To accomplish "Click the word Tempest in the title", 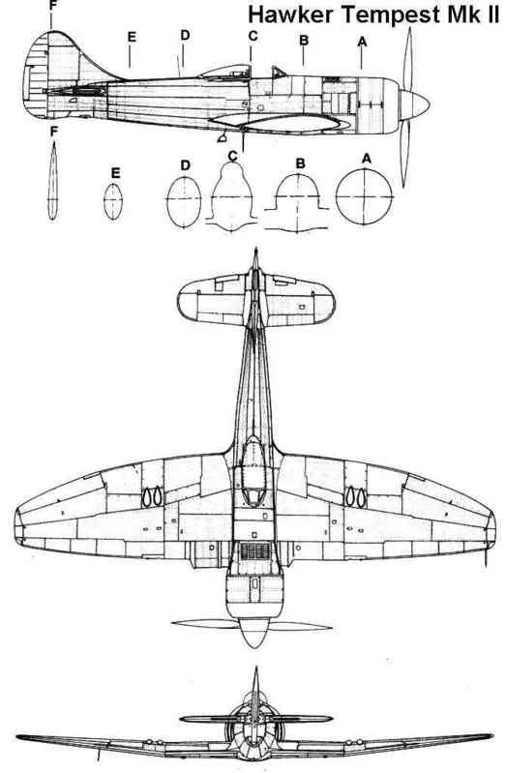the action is [x=392, y=15].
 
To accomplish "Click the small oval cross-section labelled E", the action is [x=113, y=201].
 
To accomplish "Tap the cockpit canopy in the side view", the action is [x=224, y=73].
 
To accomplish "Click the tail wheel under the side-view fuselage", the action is [x=222, y=137].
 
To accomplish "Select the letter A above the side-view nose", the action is [x=362, y=43].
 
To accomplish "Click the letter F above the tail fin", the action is [x=53, y=6].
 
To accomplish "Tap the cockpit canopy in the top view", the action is [x=253, y=471].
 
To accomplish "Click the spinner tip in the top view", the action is [x=254, y=647].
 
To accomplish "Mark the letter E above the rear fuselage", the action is [x=132, y=38].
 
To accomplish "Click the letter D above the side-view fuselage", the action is [x=185, y=36].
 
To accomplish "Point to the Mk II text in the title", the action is [x=473, y=15].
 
